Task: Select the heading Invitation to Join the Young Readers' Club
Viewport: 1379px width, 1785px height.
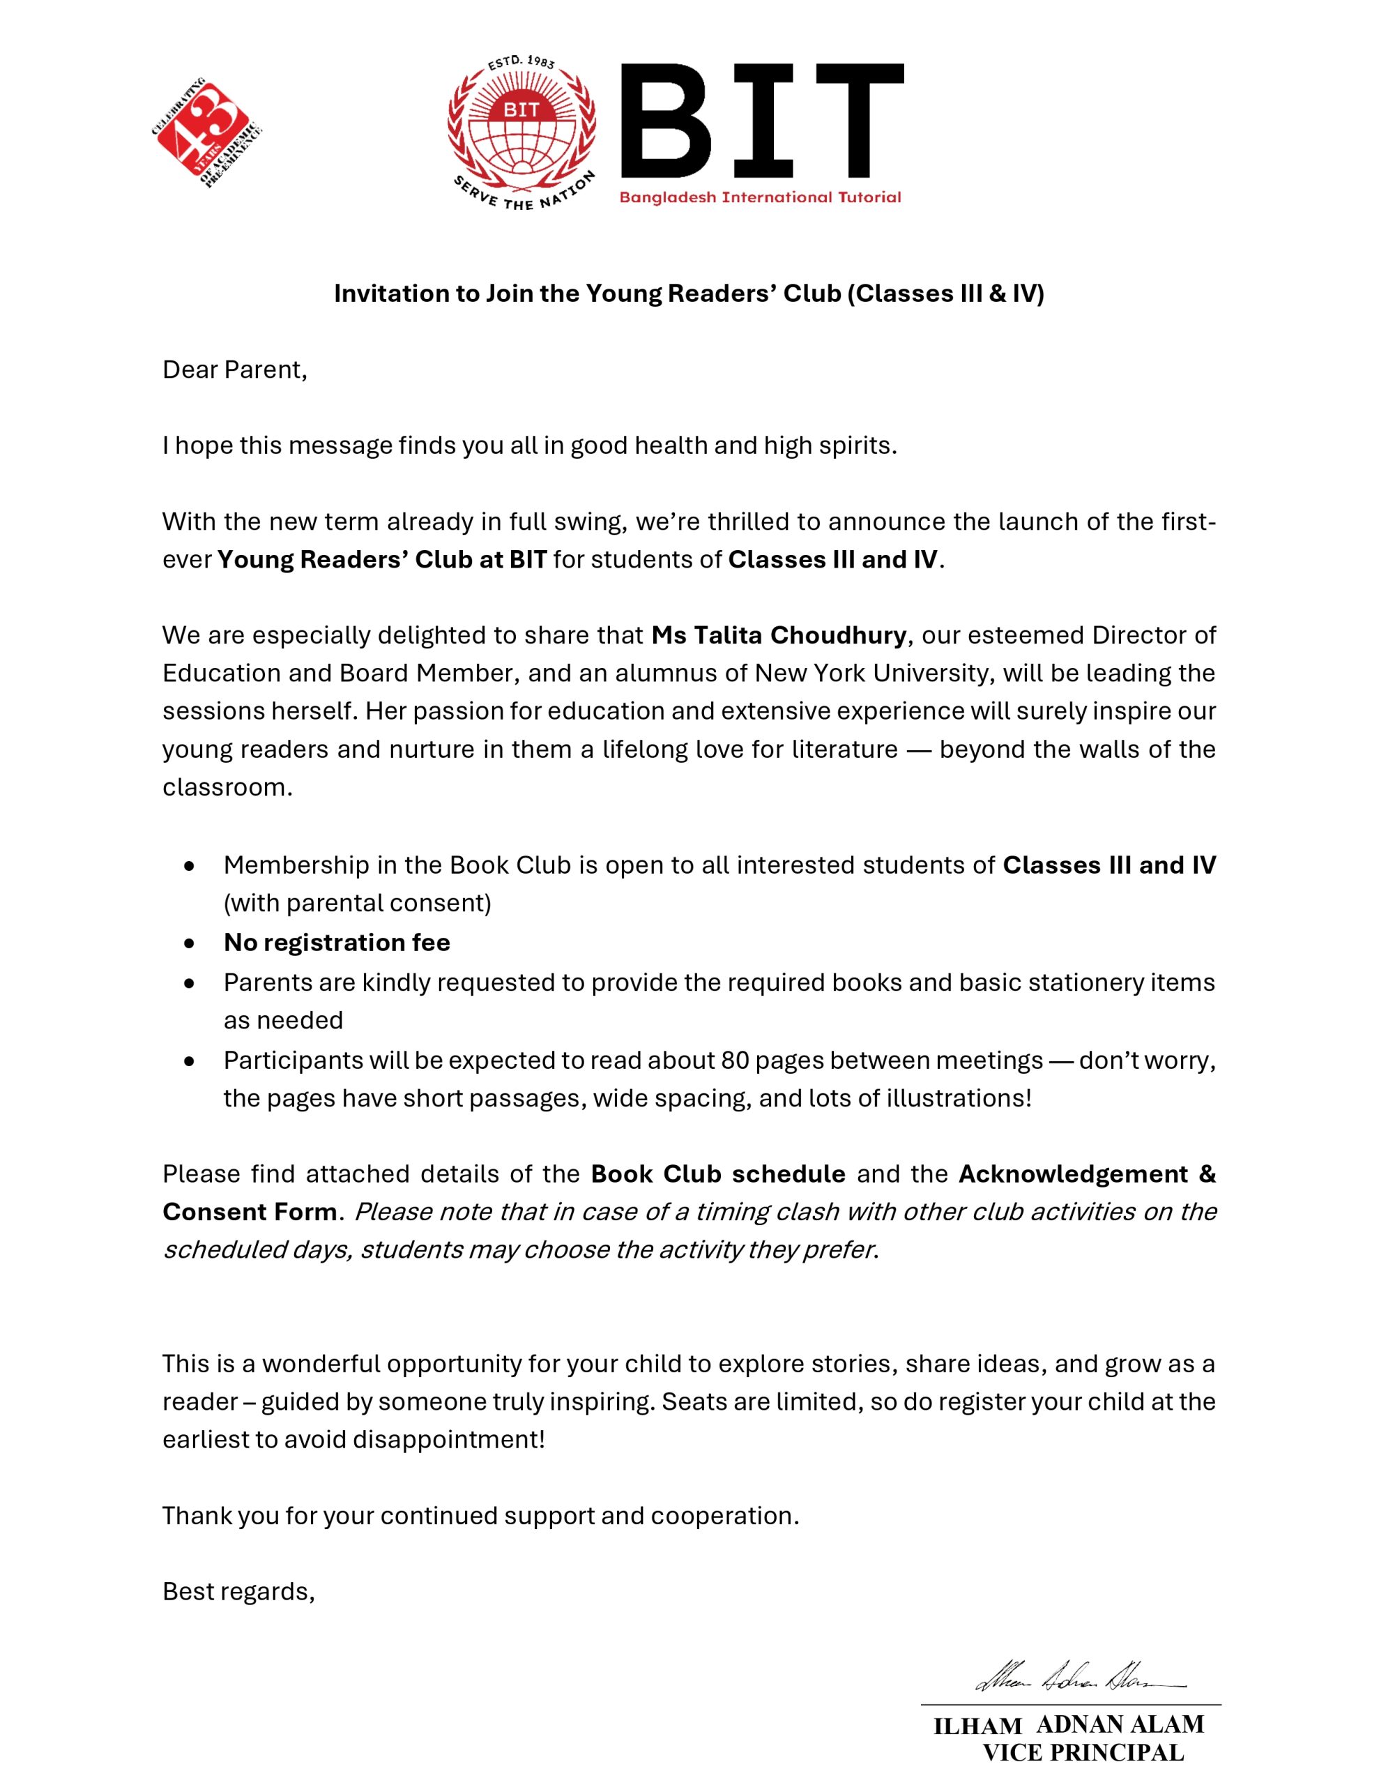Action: pyautogui.click(x=688, y=294)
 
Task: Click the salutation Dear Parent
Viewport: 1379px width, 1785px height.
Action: pyautogui.click(x=235, y=370)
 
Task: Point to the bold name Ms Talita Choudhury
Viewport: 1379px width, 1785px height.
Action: pyautogui.click(x=778, y=635)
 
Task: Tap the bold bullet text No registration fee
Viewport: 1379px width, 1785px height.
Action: pyautogui.click(x=337, y=943)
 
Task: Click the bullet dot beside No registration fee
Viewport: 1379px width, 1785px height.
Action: pyautogui.click(x=190, y=943)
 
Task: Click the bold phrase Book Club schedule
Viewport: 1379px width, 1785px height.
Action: pyautogui.click(x=717, y=1173)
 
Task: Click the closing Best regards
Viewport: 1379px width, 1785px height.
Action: pyautogui.click(x=238, y=1591)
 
